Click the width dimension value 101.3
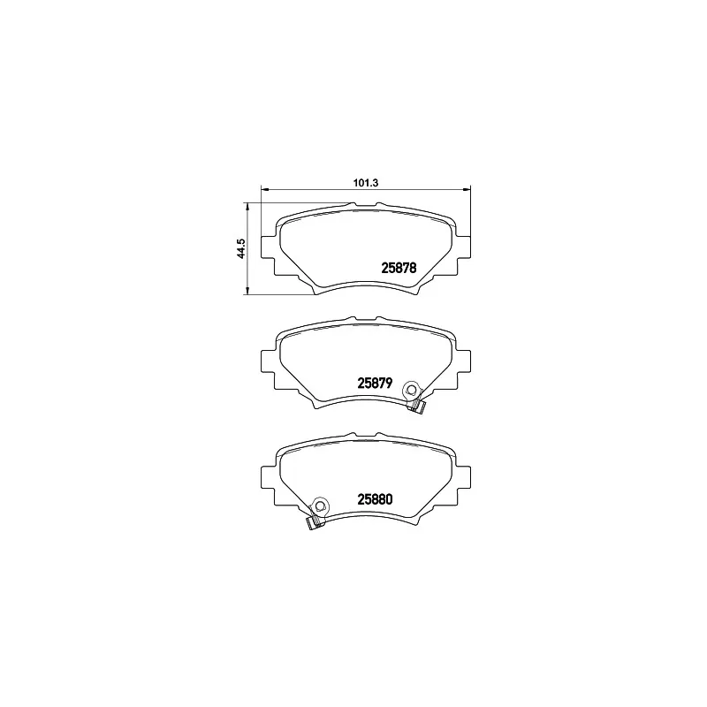coord(366,183)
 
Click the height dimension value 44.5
coord(239,248)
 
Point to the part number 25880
coord(374,498)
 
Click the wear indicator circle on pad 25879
coord(410,389)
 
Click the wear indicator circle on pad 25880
coord(321,506)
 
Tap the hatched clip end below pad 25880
coord(312,523)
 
